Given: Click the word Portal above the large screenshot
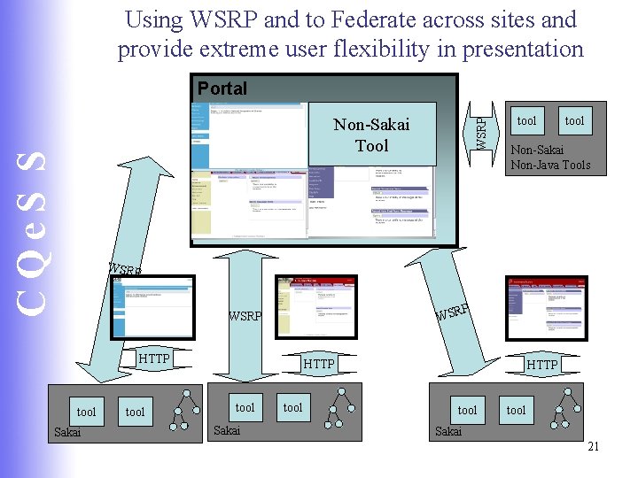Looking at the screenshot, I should (x=222, y=89).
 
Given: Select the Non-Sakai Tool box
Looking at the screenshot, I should (x=372, y=135).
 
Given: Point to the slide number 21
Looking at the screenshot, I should (x=594, y=446).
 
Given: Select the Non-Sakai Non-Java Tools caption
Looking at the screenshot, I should (x=550, y=158).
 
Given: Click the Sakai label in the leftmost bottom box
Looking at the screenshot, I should (x=67, y=432).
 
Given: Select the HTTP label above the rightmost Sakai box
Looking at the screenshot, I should (x=542, y=364).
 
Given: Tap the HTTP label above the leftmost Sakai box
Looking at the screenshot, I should (x=154, y=358).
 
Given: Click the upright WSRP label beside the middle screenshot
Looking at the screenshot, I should (x=245, y=316).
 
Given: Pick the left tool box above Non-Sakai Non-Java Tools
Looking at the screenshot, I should (x=526, y=120).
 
